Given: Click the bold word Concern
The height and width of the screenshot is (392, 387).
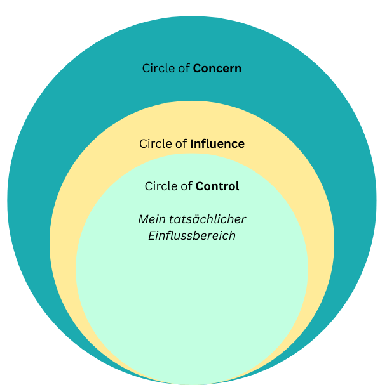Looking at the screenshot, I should point(217,69).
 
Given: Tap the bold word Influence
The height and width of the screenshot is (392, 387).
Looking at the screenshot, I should point(217,144).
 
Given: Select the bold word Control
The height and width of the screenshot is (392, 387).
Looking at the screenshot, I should point(217,186).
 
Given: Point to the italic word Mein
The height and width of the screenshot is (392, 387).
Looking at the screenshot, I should point(150,219).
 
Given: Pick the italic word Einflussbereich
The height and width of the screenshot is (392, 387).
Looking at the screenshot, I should point(192,236).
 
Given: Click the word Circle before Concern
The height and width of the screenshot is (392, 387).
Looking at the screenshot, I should point(158,69).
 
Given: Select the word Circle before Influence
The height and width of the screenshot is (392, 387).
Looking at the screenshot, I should point(156,144).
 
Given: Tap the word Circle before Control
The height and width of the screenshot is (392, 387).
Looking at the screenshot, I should point(161,186).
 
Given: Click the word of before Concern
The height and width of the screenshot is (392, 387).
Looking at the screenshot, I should point(184,69).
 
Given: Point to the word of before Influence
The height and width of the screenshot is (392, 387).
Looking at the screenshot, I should point(181,144).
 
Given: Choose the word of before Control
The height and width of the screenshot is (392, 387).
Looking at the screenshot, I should point(186,186).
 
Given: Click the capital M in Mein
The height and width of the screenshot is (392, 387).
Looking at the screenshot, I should point(143,219).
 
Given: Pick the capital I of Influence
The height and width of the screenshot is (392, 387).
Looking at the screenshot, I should point(192,144).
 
